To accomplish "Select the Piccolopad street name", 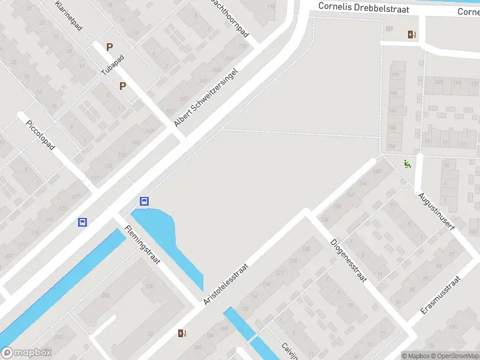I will click(x=41, y=136).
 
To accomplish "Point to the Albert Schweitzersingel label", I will click(x=206, y=97).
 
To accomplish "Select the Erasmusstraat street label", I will click(x=440, y=296).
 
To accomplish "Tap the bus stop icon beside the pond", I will click(x=144, y=201).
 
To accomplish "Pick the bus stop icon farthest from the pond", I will click(x=82, y=222).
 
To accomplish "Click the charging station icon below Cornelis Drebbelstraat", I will click(x=412, y=34).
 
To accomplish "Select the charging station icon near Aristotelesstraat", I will click(x=182, y=333).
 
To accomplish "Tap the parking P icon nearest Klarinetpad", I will click(x=109, y=46).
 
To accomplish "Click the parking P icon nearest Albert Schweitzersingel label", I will click(x=122, y=86).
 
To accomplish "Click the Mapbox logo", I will click(x=26, y=353).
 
